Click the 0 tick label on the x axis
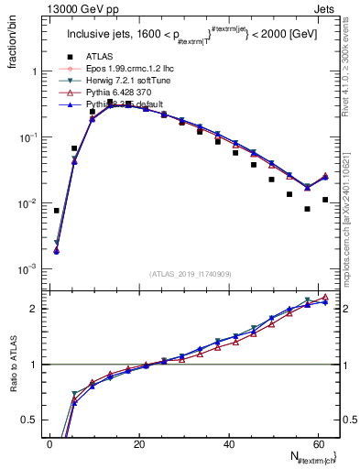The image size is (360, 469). coord(49,444)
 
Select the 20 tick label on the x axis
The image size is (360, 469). coord(138,444)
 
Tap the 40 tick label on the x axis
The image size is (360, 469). coord(227,444)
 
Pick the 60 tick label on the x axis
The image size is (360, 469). coord(316,444)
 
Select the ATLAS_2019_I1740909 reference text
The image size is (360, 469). coord(190,273)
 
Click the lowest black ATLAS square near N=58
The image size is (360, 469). coord(307,209)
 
